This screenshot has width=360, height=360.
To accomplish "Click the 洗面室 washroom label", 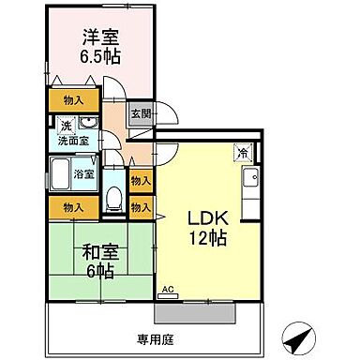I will (70, 141).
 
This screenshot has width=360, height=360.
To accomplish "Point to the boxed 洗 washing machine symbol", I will (66, 126).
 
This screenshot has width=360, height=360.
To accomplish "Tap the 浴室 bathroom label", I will (83, 173).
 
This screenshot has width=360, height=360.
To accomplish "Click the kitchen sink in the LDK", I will (250, 180).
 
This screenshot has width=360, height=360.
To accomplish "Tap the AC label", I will (169, 292).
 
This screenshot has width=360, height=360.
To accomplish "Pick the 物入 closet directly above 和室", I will (73, 206).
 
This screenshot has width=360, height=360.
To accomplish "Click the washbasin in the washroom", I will (86, 124).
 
